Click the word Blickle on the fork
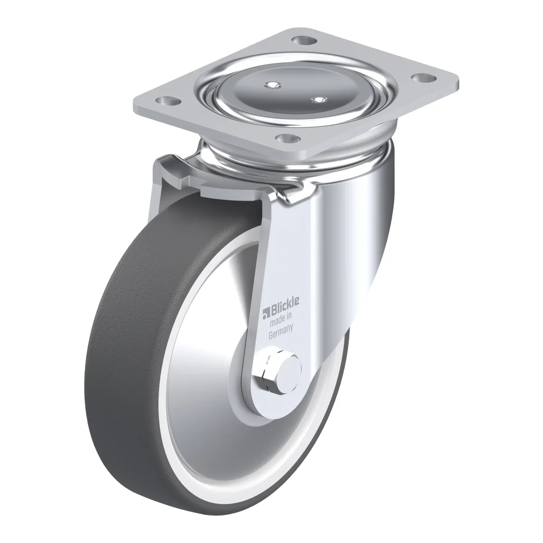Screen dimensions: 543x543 285,306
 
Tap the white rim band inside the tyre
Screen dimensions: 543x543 166,423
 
